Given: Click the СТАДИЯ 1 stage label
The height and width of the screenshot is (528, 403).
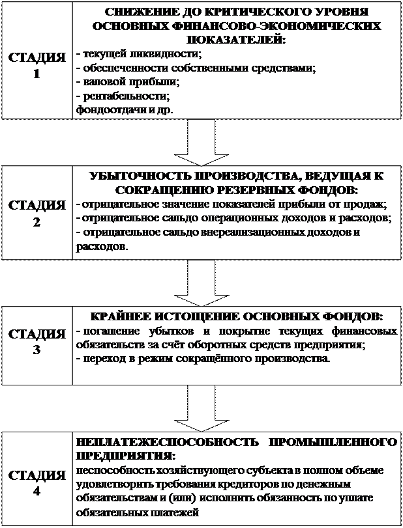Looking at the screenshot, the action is point(37,65).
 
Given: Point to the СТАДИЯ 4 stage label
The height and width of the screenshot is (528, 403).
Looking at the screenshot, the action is point(37,482).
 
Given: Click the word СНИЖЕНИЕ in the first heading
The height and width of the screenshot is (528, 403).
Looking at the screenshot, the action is point(134,12).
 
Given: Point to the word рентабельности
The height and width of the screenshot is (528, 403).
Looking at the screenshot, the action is point(124,96).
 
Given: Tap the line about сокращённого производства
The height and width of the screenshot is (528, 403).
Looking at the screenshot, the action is point(203,359).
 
